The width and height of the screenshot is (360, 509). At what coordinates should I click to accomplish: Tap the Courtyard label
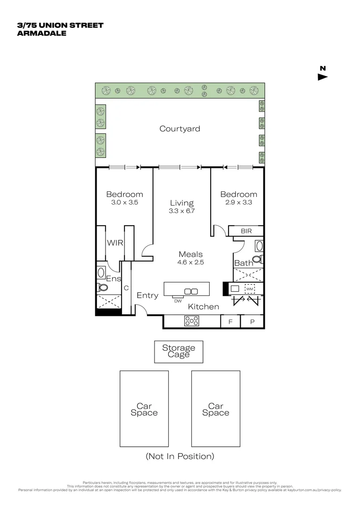point(180,129)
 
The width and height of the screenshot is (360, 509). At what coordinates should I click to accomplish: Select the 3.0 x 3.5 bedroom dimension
point(124,202)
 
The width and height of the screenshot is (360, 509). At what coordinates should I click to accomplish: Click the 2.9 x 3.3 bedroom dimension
point(238,202)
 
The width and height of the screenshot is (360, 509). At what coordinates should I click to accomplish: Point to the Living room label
point(182,203)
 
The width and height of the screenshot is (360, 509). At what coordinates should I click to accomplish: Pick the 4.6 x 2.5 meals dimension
point(190,263)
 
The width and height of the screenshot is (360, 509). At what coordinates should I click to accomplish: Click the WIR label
point(115,243)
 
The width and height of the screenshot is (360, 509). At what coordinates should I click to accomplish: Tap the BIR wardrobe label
point(246,231)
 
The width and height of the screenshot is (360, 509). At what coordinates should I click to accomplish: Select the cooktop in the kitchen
point(192,321)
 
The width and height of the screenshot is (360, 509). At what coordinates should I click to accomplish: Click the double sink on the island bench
point(190,291)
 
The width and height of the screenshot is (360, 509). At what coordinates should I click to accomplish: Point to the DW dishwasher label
point(178,301)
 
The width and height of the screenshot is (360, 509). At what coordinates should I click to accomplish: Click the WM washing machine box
point(249,288)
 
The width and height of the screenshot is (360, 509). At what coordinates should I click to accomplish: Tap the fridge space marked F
point(230,322)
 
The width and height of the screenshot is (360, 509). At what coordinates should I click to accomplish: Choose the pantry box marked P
point(252,322)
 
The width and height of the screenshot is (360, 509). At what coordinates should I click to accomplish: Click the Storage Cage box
point(179,352)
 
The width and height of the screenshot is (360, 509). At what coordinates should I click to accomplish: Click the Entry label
point(147,296)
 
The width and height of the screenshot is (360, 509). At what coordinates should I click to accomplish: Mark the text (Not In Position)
point(180,456)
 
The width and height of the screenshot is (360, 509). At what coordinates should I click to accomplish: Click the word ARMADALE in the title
point(42,33)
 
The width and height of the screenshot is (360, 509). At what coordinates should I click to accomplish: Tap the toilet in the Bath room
point(257,259)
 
